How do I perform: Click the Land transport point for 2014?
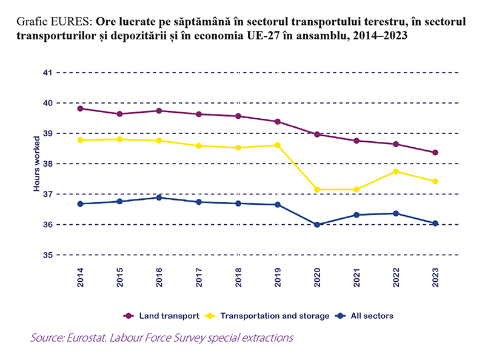pyautogui.click(x=80, y=108)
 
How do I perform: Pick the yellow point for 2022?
pyautogui.click(x=396, y=172)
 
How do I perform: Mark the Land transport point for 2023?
pyautogui.click(x=435, y=153)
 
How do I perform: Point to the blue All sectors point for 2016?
pyautogui.click(x=159, y=198)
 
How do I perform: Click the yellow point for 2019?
pyautogui.click(x=278, y=145)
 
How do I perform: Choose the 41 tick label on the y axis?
pyautogui.click(x=46, y=73)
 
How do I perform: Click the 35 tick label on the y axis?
pyautogui.click(x=46, y=255)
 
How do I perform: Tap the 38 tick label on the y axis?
pyautogui.click(x=46, y=164)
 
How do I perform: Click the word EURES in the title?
pyautogui.click(x=72, y=21)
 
